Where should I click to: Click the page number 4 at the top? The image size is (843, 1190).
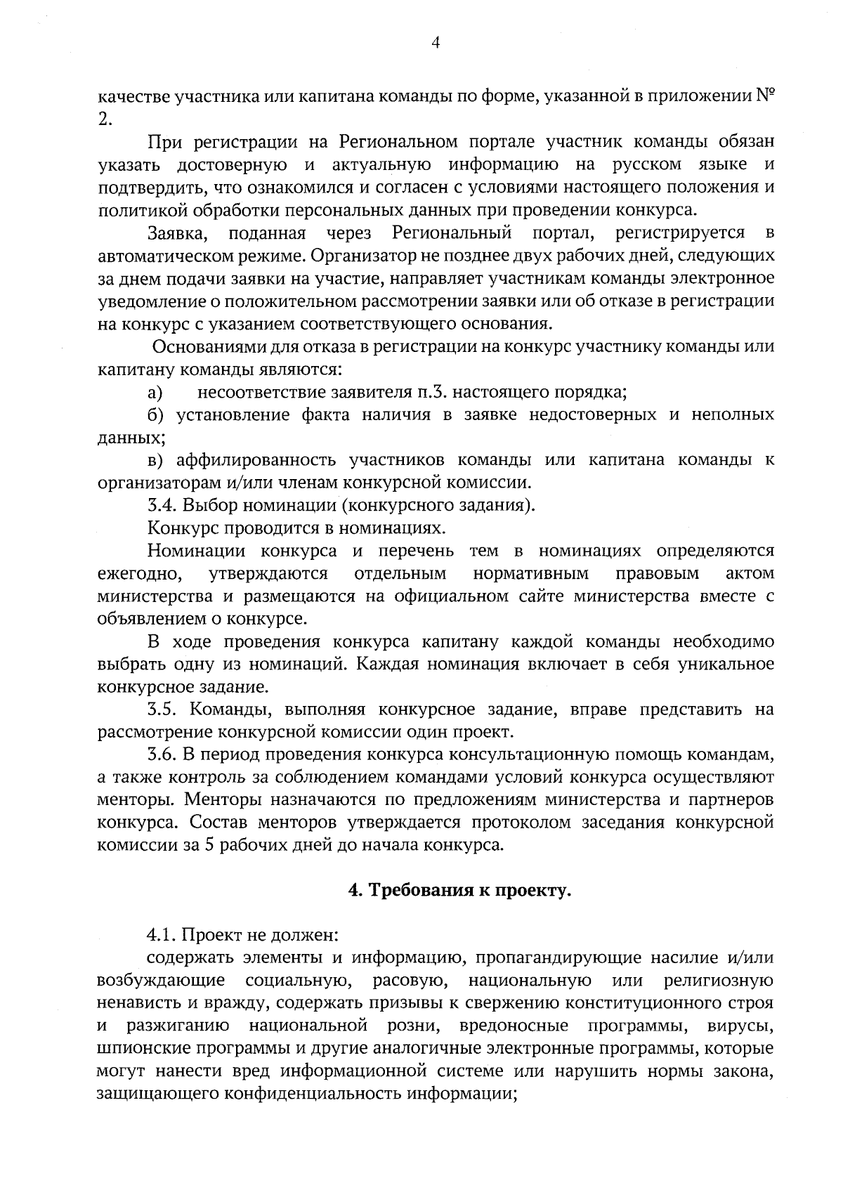point(435,44)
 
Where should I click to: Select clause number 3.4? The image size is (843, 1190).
point(162,505)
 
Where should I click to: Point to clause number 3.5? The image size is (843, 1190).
point(162,710)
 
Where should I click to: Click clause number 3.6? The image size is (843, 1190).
point(162,754)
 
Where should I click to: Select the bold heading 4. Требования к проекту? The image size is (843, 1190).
point(459,891)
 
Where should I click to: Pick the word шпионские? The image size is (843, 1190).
point(143,1049)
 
